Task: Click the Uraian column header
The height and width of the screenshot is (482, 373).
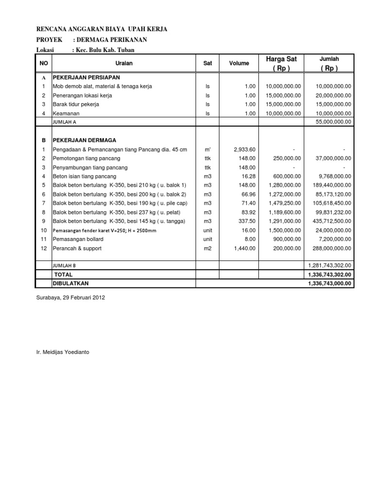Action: pyautogui.click(x=124, y=63)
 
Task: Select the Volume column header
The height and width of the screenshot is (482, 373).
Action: pyautogui.click(x=239, y=63)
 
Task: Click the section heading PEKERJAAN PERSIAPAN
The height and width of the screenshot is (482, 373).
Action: pyautogui.click(x=86, y=77)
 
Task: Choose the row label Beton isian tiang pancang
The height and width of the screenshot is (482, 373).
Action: pyautogui.click(x=85, y=176)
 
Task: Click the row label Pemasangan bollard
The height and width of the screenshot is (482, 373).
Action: pyautogui.click(x=79, y=239)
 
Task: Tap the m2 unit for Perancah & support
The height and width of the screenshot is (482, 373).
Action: pyautogui.click(x=207, y=248)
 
